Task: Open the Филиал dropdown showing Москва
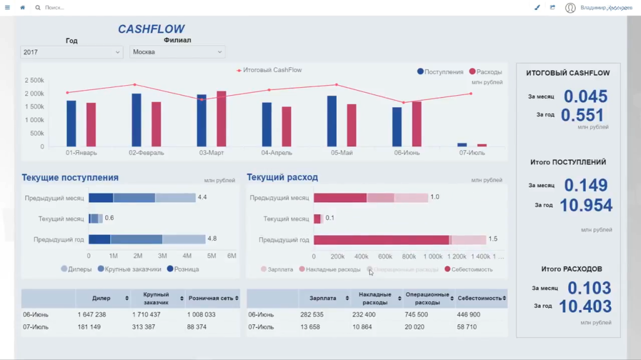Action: pyautogui.click(x=177, y=52)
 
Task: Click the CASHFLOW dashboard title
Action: pyautogui.click(x=151, y=29)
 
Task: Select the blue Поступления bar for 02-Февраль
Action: pyautogui.click(x=136, y=120)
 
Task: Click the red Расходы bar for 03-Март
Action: pyautogui.click(x=222, y=119)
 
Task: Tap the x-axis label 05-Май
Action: pyautogui.click(x=342, y=153)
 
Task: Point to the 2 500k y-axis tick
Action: pyautogui.click(x=34, y=81)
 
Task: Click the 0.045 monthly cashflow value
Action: pyautogui.click(x=585, y=96)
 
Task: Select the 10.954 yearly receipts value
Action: pyautogui.click(x=585, y=205)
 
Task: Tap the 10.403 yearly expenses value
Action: pyautogui.click(x=585, y=307)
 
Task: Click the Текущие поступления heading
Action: pyautogui.click(x=70, y=178)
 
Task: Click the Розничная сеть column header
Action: pyautogui.click(x=210, y=299)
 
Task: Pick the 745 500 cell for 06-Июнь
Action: pyautogui.click(x=417, y=315)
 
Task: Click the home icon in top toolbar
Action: pyautogui.click(x=23, y=8)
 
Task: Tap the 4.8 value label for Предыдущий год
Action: pyautogui.click(x=212, y=239)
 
